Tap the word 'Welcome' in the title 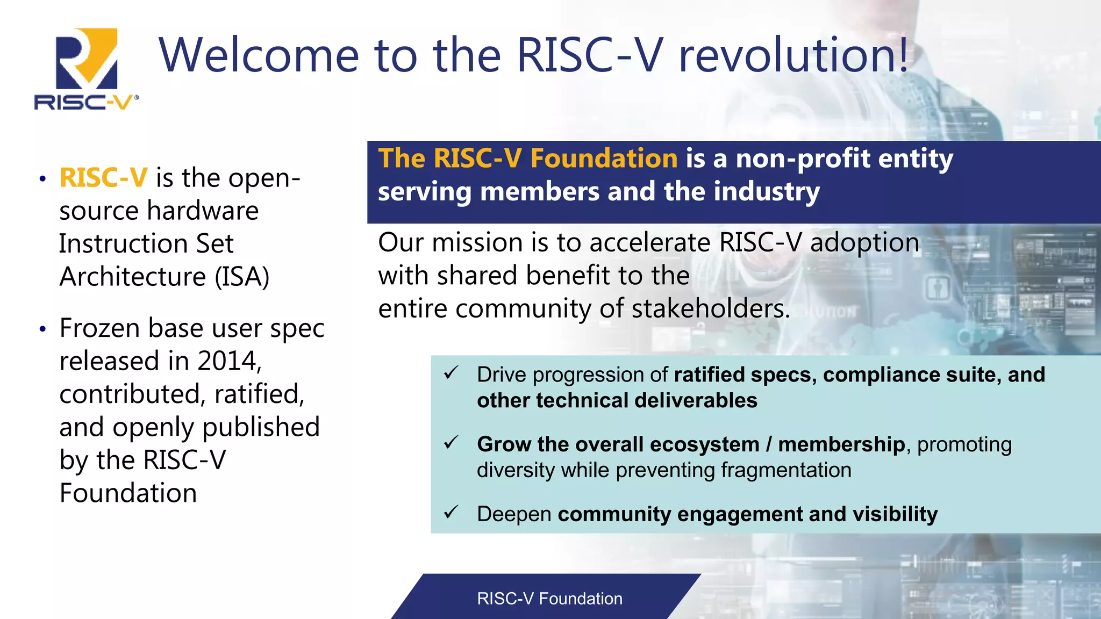pyautogui.click(x=259, y=55)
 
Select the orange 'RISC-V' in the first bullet pyautogui.click(x=103, y=178)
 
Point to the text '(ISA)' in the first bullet pyautogui.click(x=242, y=277)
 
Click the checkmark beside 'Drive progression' pyautogui.click(x=451, y=373)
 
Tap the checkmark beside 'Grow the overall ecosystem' pyautogui.click(x=451, y=443)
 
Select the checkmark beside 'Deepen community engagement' pyautogui.click(x=451, y=513)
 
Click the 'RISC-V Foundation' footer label pyautogui.click(x=549, y=599)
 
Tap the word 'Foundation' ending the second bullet pyautogui.click(x=128, y=493)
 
